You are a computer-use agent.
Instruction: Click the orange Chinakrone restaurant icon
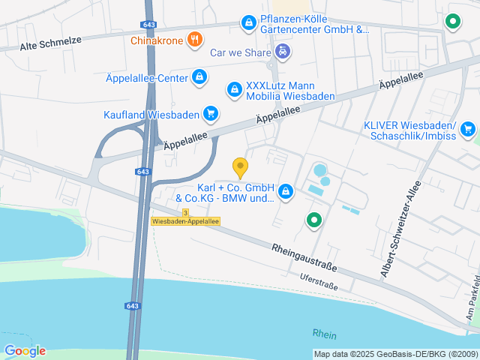194,40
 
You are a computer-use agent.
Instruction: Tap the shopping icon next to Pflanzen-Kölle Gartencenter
247,24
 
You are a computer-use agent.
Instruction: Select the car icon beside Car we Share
282,52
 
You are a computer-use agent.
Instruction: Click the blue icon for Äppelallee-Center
199,76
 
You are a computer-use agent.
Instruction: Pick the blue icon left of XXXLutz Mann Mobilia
235,90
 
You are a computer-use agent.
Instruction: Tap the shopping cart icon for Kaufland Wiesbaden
211,114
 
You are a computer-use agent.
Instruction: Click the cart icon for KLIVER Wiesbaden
468,129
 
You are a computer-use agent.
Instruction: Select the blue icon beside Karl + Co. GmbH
285,193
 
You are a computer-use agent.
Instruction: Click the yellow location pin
240,167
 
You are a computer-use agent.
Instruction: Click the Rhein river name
325,334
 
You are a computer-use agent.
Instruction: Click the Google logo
25,350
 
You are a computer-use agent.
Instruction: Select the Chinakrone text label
157,40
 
